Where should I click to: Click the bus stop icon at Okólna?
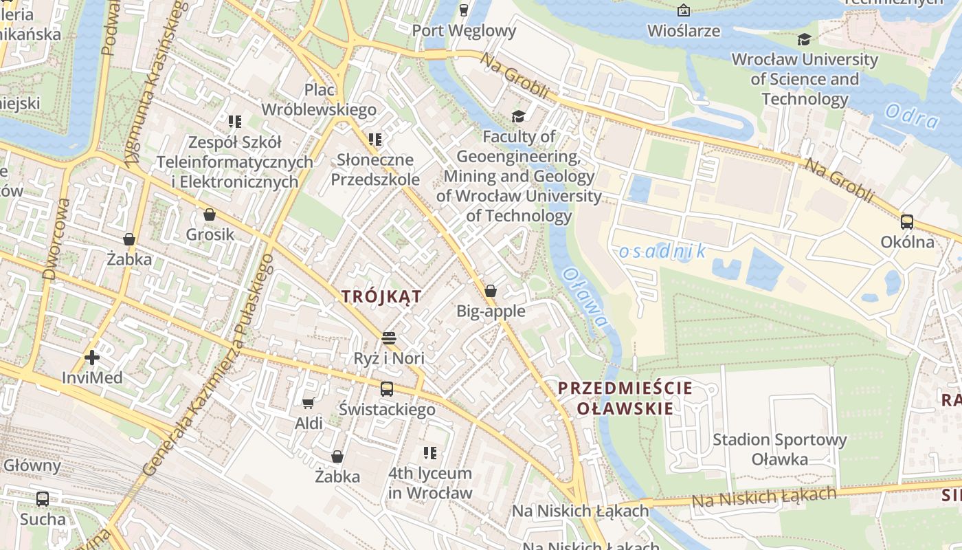(907, 221)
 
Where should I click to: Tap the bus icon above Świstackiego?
(387, 389)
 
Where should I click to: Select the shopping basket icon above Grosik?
(210, 214)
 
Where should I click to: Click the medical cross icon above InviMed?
(92, 357)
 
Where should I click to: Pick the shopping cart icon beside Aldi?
(309, 403)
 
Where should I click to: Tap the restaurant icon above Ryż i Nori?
(389, 338)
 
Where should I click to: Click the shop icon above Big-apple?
(491, 291)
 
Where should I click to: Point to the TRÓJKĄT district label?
(382, 296)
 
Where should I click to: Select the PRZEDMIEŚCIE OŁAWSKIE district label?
(625, 398)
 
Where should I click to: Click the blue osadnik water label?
(662, 252)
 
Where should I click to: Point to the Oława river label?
(585, 297)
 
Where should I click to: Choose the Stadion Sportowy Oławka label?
(779, 449)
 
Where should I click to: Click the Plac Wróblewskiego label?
(319, 100)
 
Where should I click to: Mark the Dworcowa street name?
(56, 239)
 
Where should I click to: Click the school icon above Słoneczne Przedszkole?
(375, 140)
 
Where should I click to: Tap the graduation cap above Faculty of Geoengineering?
(518, 117)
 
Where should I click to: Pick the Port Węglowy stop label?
(464, 30)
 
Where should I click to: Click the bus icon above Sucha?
(43, 498)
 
